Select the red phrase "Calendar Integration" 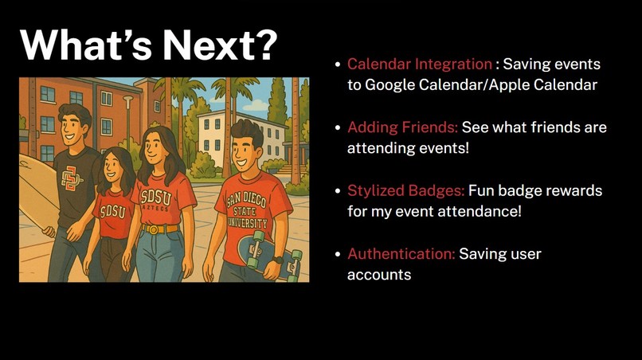(420, 65)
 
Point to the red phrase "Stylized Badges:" (405, 191)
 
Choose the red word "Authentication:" (401, 254)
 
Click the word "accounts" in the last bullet (379, 275)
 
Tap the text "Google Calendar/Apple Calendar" (481, 85)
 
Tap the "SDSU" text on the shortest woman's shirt (112, 211)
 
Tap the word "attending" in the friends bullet (378, 148)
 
